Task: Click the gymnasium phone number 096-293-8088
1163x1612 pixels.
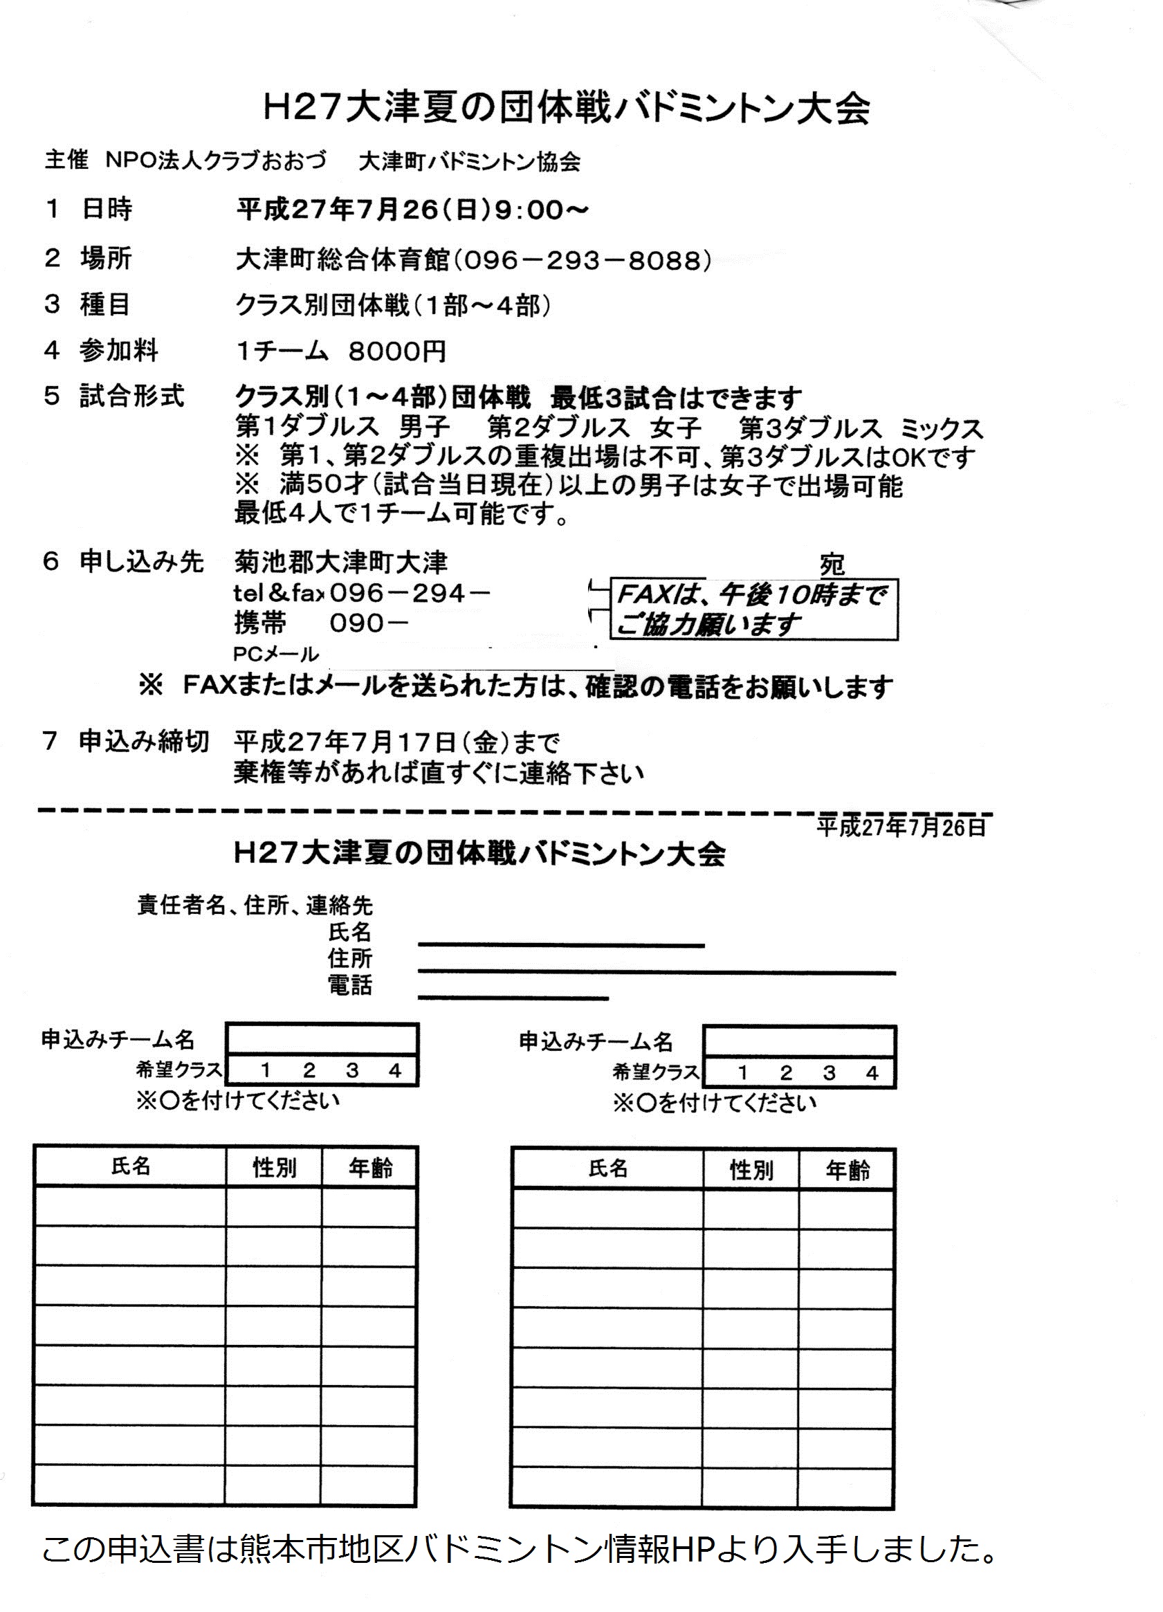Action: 583,261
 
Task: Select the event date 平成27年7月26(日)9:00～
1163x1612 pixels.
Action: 412,210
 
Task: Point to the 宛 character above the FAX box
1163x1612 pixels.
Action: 832,565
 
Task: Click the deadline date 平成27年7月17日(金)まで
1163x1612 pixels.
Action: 396,744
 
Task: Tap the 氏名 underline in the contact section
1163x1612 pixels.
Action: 561,945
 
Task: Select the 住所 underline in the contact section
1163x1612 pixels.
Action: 657,972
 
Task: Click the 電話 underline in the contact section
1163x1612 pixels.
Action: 513,998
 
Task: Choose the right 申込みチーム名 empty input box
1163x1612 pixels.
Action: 799,1041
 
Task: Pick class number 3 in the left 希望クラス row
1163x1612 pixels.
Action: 352,1070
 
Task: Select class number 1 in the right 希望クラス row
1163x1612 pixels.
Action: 743,1072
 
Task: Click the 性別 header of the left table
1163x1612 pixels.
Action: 275,1168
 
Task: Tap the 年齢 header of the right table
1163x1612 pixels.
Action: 848,1171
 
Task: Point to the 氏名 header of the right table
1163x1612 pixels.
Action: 608,1169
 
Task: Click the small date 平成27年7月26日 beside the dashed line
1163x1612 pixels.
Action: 901,827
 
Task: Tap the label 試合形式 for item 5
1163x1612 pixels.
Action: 132,396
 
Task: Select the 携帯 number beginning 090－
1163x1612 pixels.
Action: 369,623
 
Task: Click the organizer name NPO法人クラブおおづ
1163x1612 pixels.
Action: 216,161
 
